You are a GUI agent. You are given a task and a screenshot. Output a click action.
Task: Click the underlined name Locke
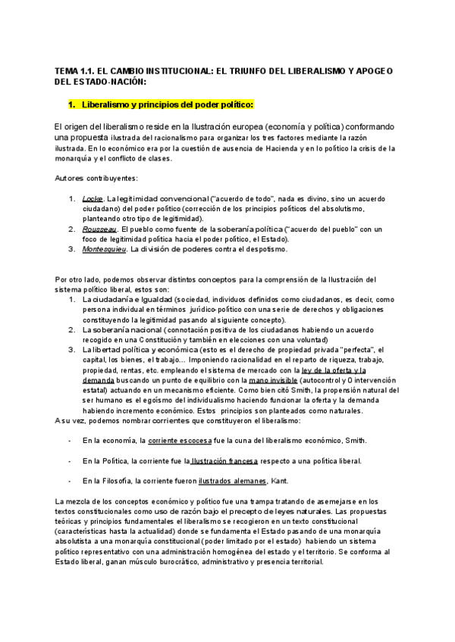click(x=93, y=198)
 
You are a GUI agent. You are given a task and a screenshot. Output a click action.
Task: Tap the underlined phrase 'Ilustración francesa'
click(x=224, y=460)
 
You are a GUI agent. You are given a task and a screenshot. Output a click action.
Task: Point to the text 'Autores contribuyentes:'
click(x=96, y=178)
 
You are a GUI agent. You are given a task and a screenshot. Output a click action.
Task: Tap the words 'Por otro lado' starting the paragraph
click(x=80, y=280)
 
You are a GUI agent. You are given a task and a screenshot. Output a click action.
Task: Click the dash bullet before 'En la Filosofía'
click(x=69, y=480)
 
